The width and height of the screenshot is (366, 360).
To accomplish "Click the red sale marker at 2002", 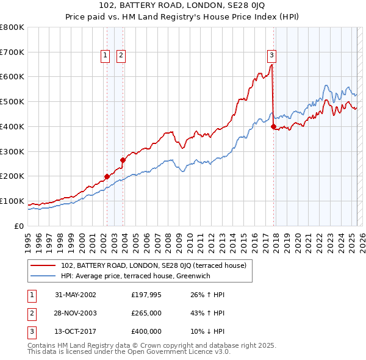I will (107, 176).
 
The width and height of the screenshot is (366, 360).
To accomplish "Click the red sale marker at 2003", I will (123, 160).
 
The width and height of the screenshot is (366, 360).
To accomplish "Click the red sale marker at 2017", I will (273, 126).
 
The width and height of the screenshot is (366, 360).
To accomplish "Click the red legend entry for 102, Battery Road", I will (153, 265).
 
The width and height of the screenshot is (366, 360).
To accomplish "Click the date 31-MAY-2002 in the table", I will (76, 295).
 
